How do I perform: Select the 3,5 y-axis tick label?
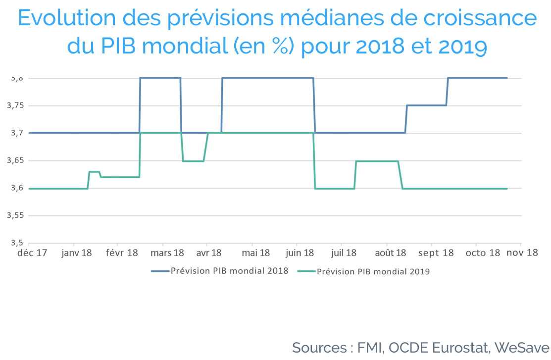[16, 243]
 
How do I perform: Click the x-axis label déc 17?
[32, 253]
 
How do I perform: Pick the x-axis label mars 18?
[167, 253]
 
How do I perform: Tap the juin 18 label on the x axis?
[300, 253]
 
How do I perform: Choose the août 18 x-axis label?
[391, 253]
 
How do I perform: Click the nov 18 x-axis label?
[522, 253]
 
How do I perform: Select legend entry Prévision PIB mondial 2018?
[220, 271]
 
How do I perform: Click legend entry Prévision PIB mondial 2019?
[364, 271]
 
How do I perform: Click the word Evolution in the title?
[67, 17]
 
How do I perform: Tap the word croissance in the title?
[480, 18]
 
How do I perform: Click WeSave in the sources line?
[522, 348]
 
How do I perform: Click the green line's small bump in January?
[94, 172]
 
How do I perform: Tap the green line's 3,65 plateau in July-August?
[377, 161]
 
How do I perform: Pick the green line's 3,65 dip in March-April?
[193, 161]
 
